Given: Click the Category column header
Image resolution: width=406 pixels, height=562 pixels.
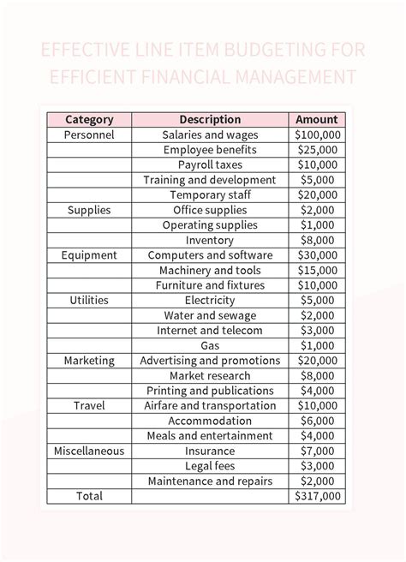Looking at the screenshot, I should click(x=89, y=120).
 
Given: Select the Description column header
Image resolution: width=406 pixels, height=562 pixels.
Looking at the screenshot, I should click(x=210, y=120).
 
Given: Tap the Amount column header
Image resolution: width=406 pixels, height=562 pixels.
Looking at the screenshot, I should click(x=317, y=120).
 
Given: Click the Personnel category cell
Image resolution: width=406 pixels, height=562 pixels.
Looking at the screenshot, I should click(x=89, y=135).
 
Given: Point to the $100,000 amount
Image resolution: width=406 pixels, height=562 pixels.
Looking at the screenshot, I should click(x=317, y=135).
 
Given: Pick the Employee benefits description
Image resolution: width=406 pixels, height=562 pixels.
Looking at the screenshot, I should click(x=210, y=150).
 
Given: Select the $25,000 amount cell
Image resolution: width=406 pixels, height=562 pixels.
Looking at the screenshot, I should click(x=317, y=150).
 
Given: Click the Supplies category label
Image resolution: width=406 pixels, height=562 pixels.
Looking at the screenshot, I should click(x=89, y=210).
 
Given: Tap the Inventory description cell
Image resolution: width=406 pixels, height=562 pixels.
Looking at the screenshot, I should click(x=210, y=241).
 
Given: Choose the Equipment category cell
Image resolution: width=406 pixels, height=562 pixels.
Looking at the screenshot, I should click(x=89, y=255).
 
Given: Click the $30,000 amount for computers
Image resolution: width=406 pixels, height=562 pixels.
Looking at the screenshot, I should click(x=317, y=255).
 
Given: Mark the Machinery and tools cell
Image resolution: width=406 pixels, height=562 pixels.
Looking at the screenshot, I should click(x=210, y=271).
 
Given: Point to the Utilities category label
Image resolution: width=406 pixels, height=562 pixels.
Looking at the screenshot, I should click(x=89, y=301).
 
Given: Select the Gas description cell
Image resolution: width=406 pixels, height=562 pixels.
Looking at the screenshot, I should click(x=210, y=345).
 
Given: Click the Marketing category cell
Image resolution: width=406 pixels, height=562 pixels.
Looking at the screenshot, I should click(x=89, y=361).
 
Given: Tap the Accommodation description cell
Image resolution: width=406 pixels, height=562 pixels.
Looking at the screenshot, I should click(x=210, y=421).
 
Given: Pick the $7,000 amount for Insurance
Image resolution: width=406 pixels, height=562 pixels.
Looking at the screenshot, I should click(x=317, y=451).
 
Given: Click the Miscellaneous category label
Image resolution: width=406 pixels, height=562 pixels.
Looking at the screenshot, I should click(x=89, y=451).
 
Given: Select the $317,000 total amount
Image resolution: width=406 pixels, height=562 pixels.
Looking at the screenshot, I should click(x=317, y=496).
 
